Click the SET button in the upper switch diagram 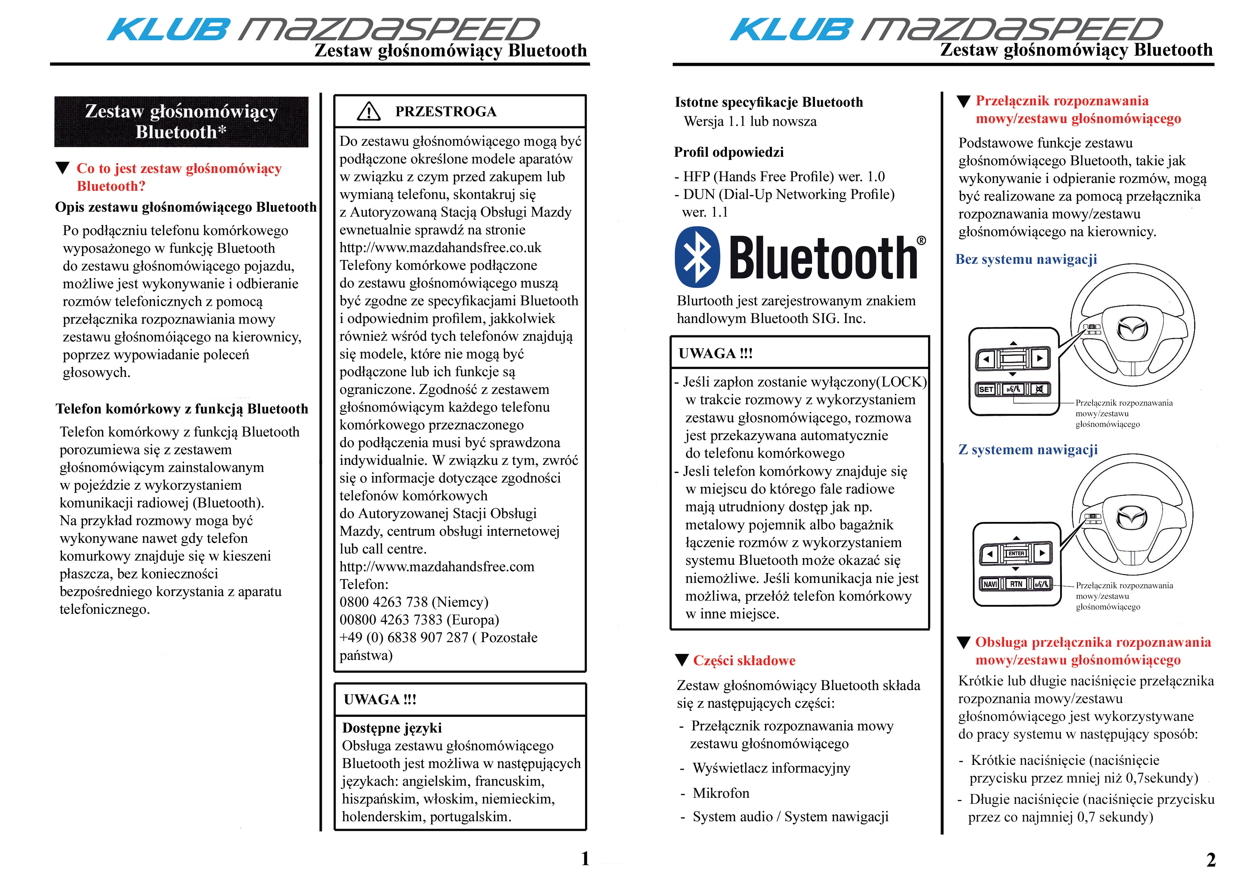click(986, 389)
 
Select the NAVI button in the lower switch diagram click(990, 584)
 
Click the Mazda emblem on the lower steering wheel click(1132, 518)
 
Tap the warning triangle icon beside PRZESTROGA click(369, 111)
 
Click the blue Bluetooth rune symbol click(698, 257)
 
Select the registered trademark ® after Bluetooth click(921, 241)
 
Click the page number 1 click(585, 858)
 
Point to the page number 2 click(1211, 859)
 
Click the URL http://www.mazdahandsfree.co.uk click(440, 247)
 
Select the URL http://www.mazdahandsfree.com click(436, 567)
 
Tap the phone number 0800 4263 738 click(384, 602)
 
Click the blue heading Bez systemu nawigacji click(1026, 259)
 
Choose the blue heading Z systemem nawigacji click(1028, 450)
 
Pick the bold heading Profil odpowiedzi click(729, 152)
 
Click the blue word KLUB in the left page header click(169, 30)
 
